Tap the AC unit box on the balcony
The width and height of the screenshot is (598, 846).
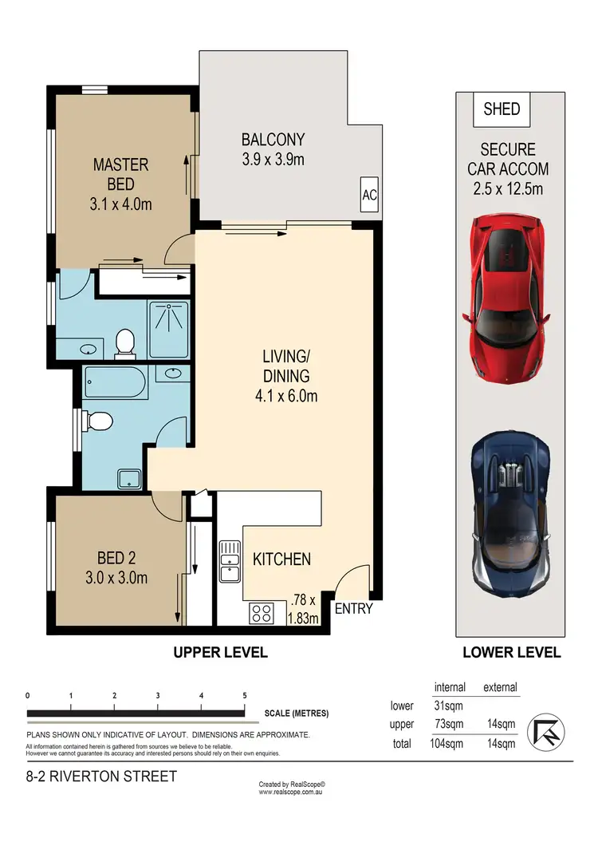coord(369,194)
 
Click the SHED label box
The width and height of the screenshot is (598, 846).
coord(502,109)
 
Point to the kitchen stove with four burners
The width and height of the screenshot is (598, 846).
coord(262,614)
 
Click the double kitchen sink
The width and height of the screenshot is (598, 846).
coord(230,562)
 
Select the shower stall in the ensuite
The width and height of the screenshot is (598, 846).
coord(169,330)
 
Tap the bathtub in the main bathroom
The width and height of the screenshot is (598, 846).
coord(116,383)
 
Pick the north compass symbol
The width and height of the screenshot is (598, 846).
coord(545,732)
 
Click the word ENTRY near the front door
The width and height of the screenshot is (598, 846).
coord(354,609)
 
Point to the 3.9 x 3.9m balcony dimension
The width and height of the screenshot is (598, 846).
coord(273,160)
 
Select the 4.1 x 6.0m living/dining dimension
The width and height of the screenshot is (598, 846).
coord(286,396)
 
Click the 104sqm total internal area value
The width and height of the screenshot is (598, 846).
coord(447,744)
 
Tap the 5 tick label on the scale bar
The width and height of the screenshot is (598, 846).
coord(245,695)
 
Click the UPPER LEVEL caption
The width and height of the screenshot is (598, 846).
coord(221,652)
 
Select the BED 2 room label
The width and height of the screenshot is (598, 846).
coord(116,558)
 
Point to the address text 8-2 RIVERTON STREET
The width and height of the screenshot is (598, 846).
coord(101,777)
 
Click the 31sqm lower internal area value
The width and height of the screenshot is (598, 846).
coord(448,706)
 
